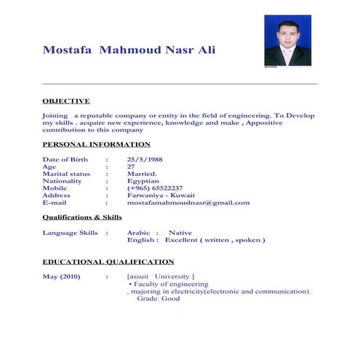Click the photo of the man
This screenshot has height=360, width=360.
click(x=288, y=43)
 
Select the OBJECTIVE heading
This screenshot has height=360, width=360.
click(x=66, y=101)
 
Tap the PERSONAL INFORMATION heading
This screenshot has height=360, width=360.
click(x=96, y=145)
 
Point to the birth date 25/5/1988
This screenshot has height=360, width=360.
click(x=145, y=159)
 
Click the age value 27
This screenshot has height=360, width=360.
click(x=131, y=167)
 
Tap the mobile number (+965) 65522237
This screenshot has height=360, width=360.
click(x=155, y=188)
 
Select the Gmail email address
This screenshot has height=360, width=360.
click(x=188, y=203)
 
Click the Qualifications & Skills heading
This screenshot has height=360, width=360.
click(x=82, y=217)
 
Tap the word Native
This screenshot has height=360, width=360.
click(x=180, y=233)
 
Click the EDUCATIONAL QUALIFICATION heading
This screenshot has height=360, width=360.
click(x=108, y=262)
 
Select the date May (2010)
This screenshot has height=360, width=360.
click(x=62, y=277)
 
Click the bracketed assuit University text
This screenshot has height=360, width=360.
click(x=161, y=277)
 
